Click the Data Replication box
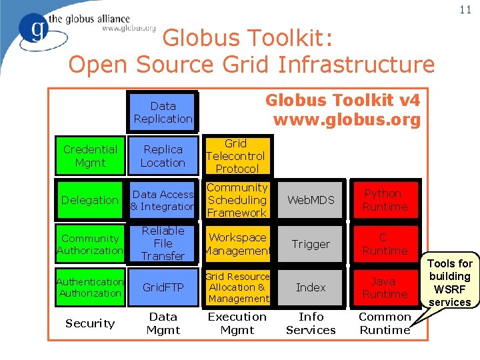[163, 112]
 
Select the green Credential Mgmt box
[90, 156]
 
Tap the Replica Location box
[163, 156]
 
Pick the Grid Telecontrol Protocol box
[236, 156]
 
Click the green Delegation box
[90, 200]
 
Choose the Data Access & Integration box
[163, 200]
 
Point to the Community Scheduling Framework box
[237, 200]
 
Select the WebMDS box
[311, 200]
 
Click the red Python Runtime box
[385, 200]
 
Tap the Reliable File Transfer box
[163, 243]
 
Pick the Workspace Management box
[237, 243]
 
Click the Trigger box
[311, 244]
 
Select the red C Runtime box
[385, 244]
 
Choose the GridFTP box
[163, 287]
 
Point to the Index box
[311, 287]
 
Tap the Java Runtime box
[385, 287]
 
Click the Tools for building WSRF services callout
[450, 283]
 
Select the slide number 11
[465, 9]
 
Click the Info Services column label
[311, 323]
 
